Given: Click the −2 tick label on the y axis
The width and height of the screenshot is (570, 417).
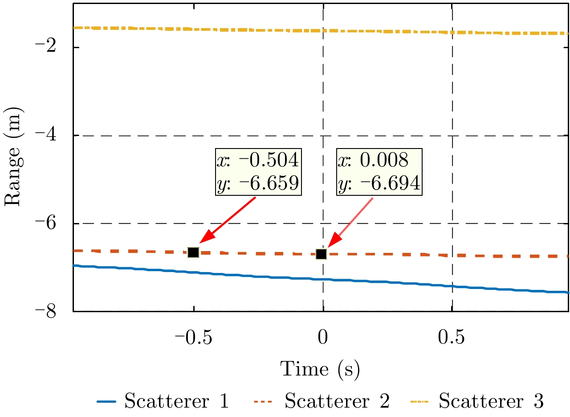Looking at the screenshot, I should pos(54,48).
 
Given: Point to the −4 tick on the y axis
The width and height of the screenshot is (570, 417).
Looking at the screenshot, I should pos(54,136).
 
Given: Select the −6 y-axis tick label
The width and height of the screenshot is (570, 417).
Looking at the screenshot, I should pos(54,223).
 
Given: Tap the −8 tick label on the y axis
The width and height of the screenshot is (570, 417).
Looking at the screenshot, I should pos(54,311).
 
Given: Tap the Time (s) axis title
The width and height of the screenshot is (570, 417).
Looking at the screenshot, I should pos(320,370).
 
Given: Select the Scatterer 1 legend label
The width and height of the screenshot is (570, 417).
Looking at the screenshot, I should pos(177,402).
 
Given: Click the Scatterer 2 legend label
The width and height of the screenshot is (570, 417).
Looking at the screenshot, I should pos(337,402).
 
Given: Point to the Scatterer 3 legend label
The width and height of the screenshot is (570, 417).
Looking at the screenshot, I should pos(491,402).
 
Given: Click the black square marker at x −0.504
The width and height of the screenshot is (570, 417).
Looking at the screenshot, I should pos(193,252).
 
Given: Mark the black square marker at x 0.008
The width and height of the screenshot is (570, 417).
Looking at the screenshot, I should pos(321,254).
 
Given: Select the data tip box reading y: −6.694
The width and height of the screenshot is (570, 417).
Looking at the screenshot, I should pos(379,172).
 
